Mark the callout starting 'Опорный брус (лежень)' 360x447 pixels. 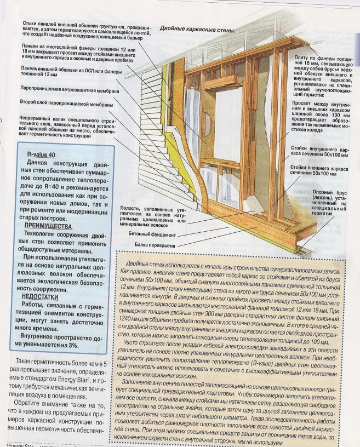pos(329,204)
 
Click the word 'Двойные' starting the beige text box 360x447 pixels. pos(146,263)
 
